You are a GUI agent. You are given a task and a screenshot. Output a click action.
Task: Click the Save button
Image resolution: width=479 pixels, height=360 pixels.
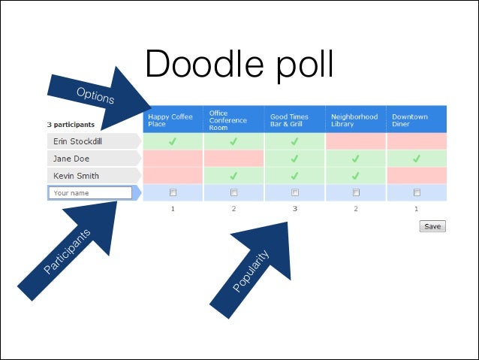point(432,226)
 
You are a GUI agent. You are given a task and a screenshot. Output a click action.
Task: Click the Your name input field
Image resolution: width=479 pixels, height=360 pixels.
point(90,193)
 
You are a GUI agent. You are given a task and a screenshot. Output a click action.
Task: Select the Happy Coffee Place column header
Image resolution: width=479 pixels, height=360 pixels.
point(173,120)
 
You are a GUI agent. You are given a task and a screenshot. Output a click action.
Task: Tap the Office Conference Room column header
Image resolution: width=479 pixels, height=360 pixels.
point(233,120)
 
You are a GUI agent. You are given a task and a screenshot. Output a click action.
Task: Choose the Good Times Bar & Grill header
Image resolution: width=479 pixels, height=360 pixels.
point(294,120)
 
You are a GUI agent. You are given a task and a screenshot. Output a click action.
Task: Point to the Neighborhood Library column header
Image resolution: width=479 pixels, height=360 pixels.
point(355,120)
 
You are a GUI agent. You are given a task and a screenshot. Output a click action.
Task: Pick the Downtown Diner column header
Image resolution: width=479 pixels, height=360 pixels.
point(416,120)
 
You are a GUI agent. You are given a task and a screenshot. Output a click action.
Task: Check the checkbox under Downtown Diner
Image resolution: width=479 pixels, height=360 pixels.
point(416,192)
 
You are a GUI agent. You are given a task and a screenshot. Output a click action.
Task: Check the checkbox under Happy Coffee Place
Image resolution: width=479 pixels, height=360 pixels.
point(173,192)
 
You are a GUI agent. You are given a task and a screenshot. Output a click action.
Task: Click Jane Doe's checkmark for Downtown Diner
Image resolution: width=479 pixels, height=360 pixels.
point(416,159)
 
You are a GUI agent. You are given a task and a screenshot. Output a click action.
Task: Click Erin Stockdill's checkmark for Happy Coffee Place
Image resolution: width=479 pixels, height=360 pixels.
point(173,141)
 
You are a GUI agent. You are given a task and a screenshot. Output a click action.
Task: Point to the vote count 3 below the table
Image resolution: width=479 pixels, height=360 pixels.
point(294,208)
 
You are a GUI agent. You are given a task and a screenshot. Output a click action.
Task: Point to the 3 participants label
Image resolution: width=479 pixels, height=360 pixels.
point(71,124)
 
